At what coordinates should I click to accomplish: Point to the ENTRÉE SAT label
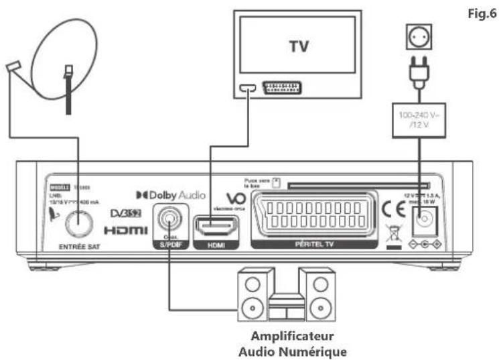(78, 246)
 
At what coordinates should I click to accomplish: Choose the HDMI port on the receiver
(216, 226)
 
